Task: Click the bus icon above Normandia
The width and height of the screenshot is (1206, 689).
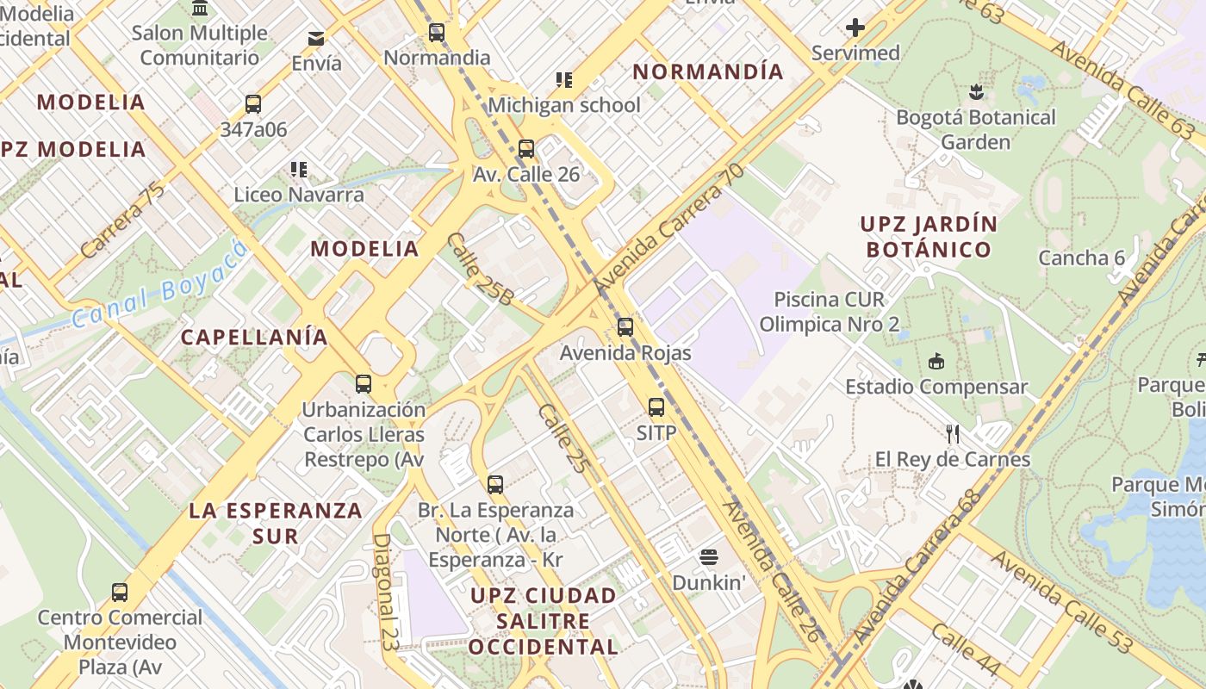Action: (437, 34)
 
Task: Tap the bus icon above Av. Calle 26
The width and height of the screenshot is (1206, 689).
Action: (526, 148)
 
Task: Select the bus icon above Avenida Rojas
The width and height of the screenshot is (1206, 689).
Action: (625, 327)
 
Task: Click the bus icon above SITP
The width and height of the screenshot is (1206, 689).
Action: (656, 407)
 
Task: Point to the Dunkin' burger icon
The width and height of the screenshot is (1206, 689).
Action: (709, 557)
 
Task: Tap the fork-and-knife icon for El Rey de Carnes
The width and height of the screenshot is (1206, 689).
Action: (953, 433)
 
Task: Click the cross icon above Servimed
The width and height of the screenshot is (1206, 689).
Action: (855, 28)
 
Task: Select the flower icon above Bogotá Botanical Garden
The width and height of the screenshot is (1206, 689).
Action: (975, 91)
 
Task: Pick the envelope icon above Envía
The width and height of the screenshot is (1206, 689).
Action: (316, 39)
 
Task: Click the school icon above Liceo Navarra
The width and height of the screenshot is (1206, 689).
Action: (299, 169)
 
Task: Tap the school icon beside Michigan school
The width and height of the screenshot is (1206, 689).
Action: (564, 80)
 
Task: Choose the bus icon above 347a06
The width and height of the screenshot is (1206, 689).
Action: (253, 104)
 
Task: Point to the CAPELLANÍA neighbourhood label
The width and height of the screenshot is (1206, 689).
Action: (254, 337)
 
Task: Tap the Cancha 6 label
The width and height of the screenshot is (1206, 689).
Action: (1081, 258)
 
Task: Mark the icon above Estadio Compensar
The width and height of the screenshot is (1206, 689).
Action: (936, 362)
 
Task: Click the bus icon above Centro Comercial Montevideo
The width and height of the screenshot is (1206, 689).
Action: (120, 593)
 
